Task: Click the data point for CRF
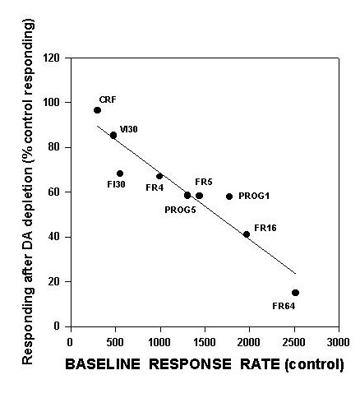[x=97, y=110]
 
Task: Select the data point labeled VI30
[x=113, y=135]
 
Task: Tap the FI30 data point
[x=120, y=174]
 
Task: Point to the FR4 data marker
[x=159, y=176]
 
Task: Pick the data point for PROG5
[x=187, y=196]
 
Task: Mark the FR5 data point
[x=200, y=196]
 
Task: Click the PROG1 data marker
[x=229, y=197]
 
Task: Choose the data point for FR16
[x=247, y=234]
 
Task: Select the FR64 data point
[x=295, y=293]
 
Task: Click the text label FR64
[x=284, y=306]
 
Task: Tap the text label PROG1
[x=254, y=196]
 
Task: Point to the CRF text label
[x=108, y=99]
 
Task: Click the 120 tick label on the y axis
[x=52, y=58]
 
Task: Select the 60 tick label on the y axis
[x=54, y=192]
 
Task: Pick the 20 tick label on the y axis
[x=54, y=281]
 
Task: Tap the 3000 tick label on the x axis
[x=339, y=342]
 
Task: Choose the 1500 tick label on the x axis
[x=205, y=342]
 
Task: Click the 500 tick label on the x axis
[x=115, y=342]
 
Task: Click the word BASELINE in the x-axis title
[x=103, y=364]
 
